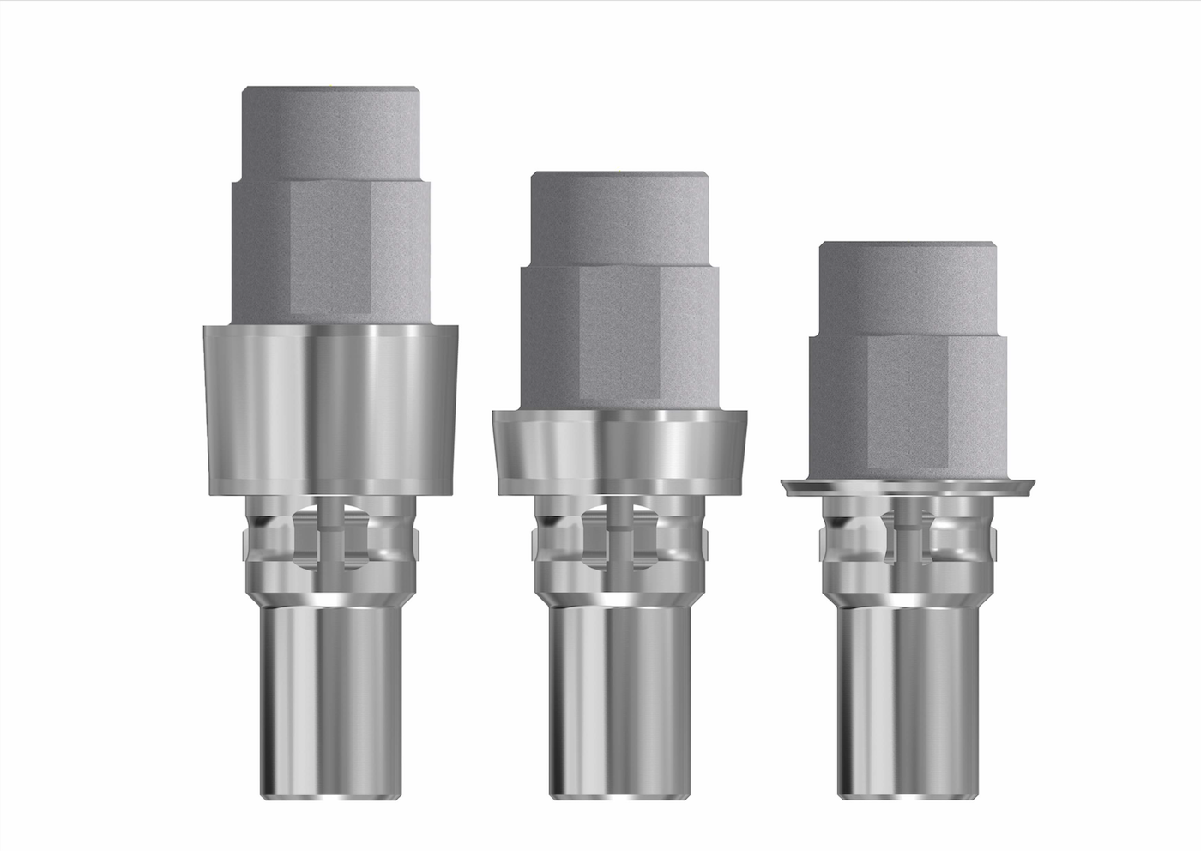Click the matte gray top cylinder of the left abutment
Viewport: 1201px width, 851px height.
pos(330,133)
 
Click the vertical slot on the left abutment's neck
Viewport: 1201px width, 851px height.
pos(329,540)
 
